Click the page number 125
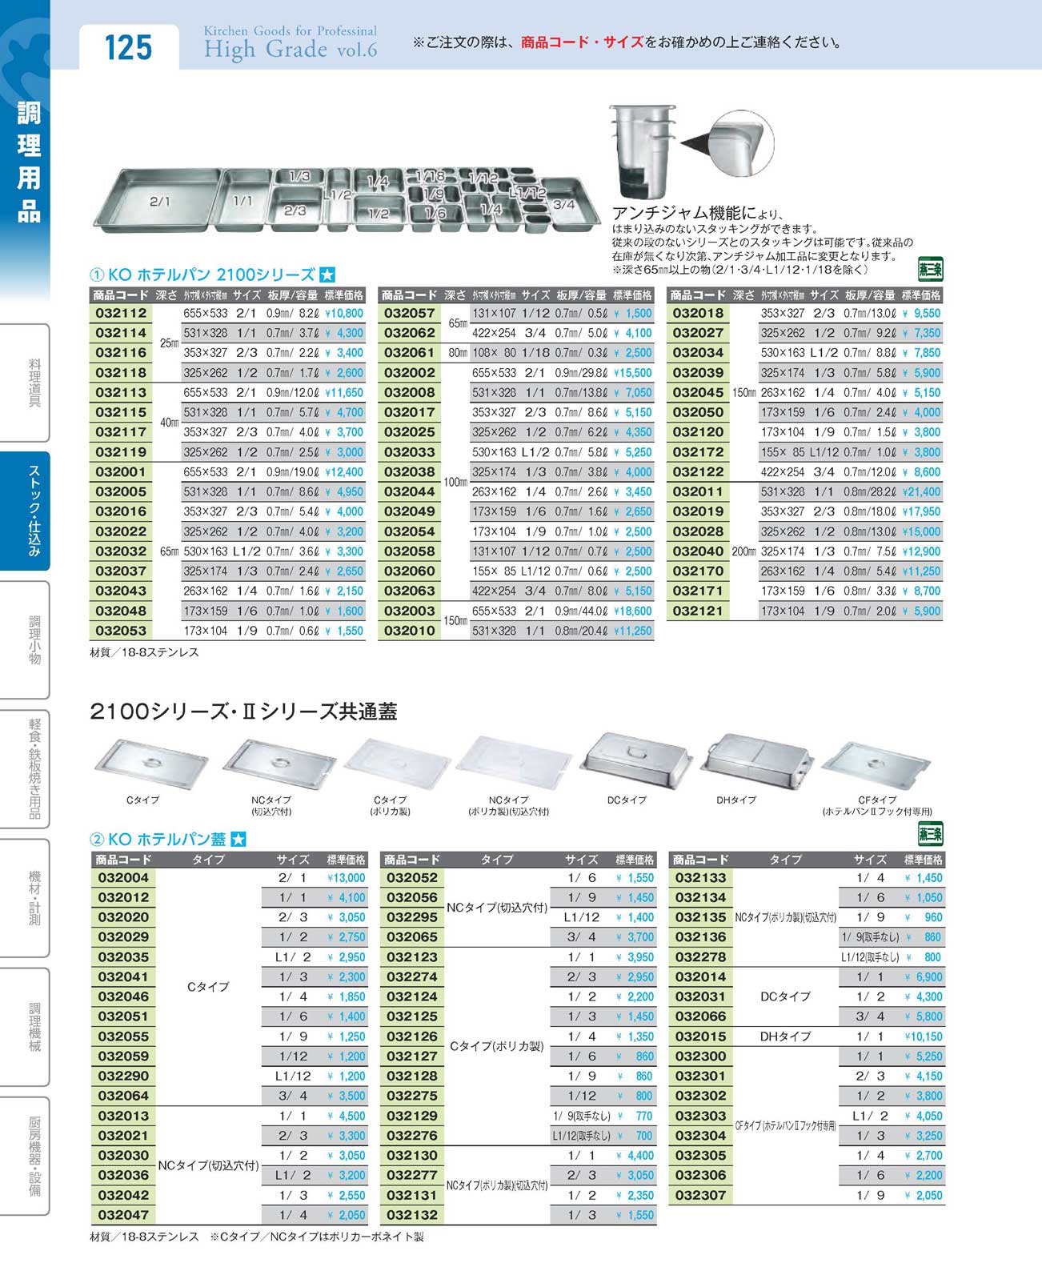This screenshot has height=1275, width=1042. click(128, 47)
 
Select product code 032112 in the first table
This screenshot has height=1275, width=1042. click(121, 314)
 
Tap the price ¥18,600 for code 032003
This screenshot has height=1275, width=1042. click(632, 611)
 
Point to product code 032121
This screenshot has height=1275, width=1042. click(698, 611)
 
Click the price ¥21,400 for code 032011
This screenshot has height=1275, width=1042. click(921, 491)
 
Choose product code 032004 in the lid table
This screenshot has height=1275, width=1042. click(122, 878)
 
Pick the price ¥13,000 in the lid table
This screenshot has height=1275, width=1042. click(346, 878)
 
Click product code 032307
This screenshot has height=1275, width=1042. click(700, 1195)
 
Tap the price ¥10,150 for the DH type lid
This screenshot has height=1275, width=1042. click(923, 1036)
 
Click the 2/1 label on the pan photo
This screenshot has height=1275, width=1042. click(159, 202)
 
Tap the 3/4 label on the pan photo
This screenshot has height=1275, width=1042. click(563, 204)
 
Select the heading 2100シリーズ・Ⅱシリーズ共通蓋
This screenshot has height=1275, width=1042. click(243, 712)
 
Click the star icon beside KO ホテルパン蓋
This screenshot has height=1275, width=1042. click(238, 840)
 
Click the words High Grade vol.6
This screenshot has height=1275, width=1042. click(290, 50)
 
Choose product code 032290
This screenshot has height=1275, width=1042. click(122, 1077)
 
